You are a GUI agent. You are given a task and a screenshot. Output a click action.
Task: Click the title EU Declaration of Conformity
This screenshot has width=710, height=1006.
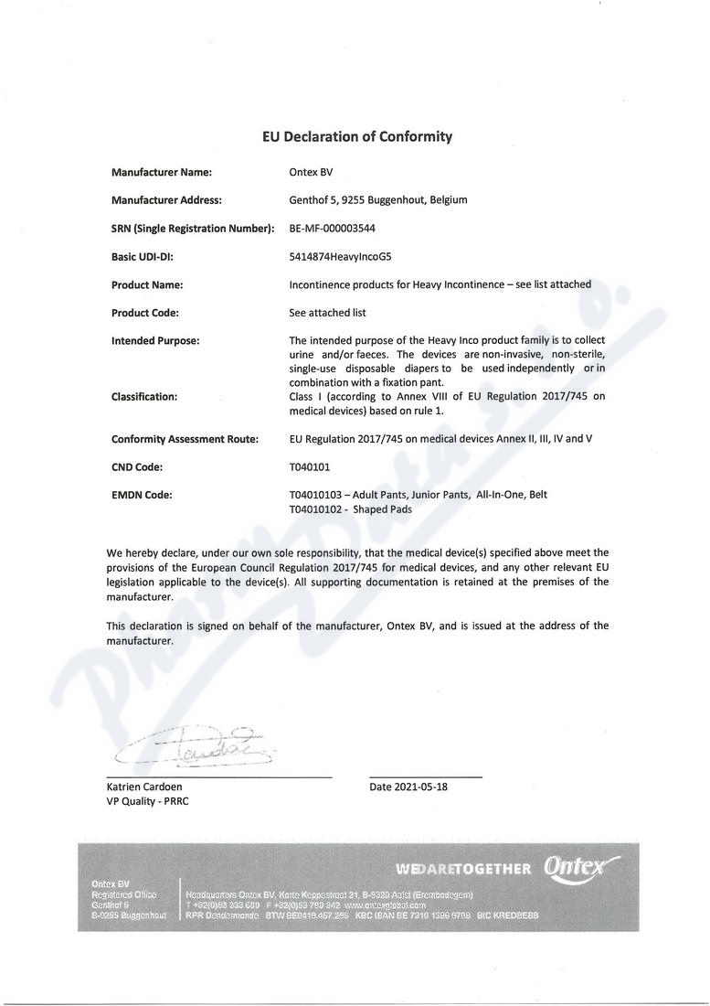pos(357,137)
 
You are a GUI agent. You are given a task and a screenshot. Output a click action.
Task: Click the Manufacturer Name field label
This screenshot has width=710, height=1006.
pos(162,172)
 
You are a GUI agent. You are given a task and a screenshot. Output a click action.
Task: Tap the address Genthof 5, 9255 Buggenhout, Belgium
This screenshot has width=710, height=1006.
pos(378,200)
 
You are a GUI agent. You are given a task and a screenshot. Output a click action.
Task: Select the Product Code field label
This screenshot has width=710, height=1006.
pos(145,313)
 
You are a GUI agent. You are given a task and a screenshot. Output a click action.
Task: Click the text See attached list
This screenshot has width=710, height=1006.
pos(327,313)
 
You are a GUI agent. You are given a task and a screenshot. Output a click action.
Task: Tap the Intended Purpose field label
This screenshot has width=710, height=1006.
pos(155,341)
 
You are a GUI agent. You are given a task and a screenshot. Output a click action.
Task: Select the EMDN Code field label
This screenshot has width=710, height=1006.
pos(142,496)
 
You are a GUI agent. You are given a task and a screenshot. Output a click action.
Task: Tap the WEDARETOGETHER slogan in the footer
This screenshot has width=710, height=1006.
pos(463,869)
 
